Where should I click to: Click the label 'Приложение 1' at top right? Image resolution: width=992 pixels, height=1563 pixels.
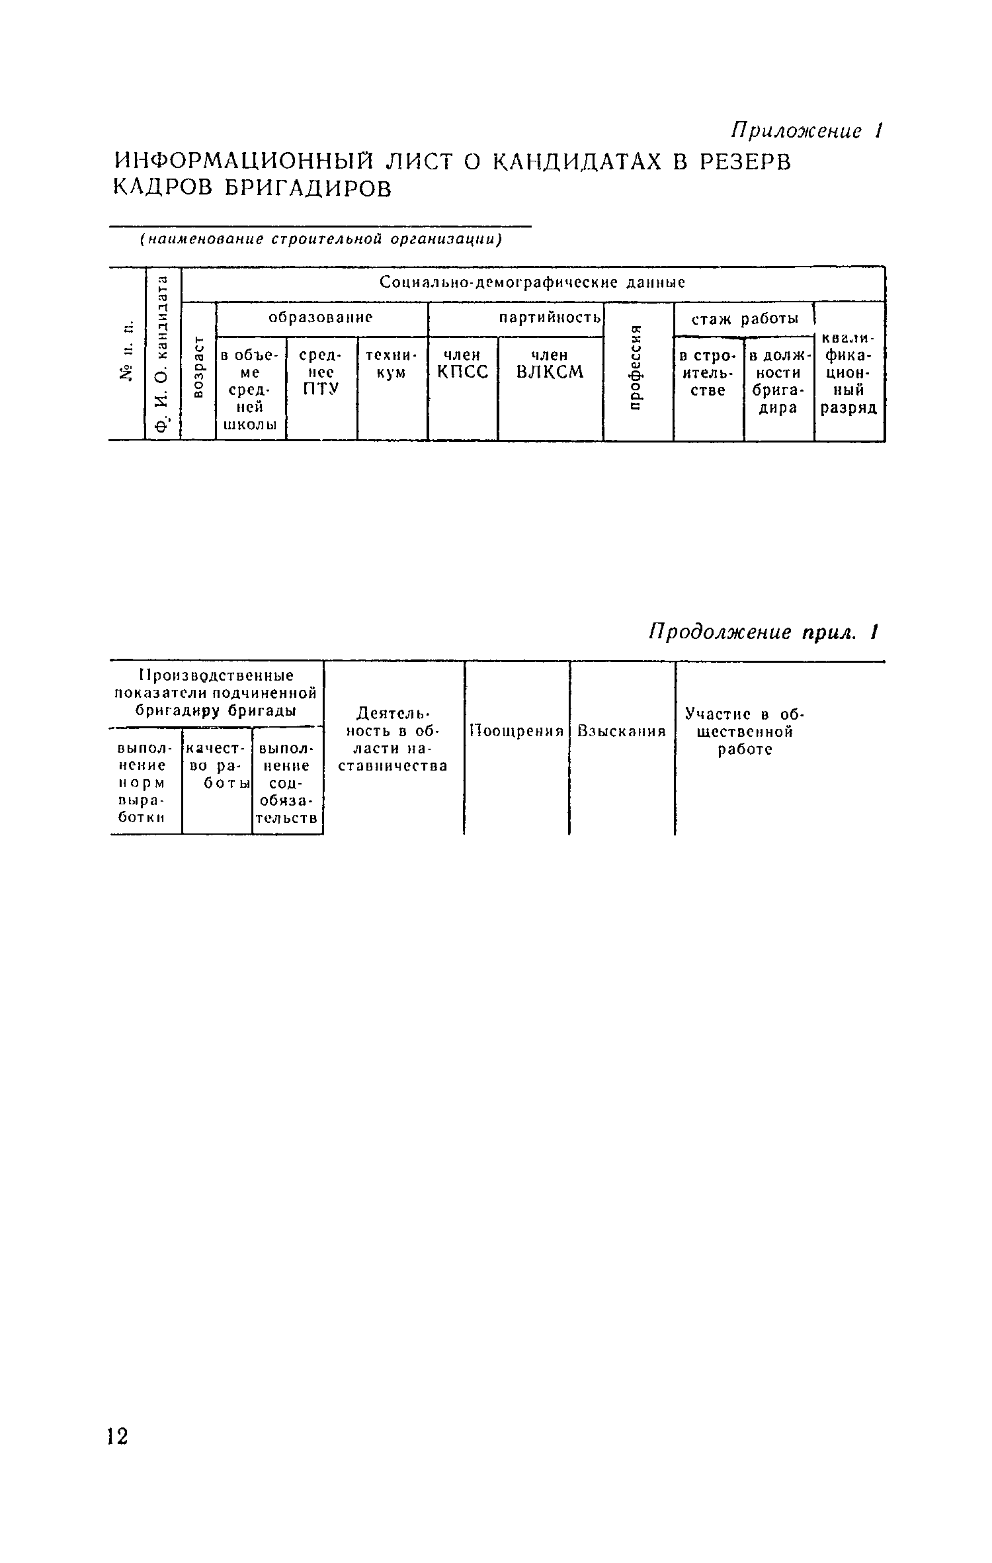[x=806, y=131]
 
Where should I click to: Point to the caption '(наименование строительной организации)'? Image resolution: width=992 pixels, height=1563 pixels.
[x=321, y=239]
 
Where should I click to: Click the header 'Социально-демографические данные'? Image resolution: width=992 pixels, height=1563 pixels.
[x=532, y=282]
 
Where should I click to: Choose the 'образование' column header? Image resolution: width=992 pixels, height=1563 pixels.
[x=321, y=317]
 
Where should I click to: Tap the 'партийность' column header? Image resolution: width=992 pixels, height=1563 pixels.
[x=550, y=317]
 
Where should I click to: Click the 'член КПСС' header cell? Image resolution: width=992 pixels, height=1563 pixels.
[x=462, y=364]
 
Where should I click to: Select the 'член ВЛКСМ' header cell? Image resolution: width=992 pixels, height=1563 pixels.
[x=550, y=364]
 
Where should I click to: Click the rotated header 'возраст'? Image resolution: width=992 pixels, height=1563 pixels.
[x=198, y=367]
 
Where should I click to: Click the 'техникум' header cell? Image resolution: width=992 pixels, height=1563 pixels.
[x=392, y=364]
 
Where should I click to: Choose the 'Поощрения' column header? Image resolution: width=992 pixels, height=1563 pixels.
[x=517, y=731]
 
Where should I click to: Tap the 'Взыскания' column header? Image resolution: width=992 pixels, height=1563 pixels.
[x=621, y=731]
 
